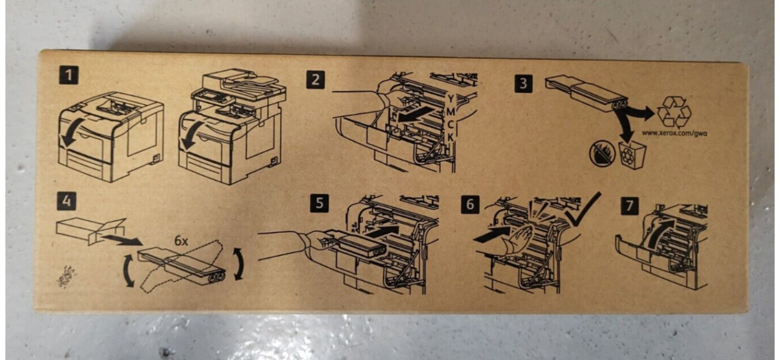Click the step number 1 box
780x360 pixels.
click(x=69, y=76)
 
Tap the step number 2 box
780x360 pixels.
click(x=316, y=80)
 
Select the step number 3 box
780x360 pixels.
click(x=523, y=84)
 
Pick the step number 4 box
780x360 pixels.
click(x=66, y=201)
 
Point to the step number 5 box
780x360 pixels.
click(x=319, y=203)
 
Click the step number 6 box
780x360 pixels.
click(x=470, y=205)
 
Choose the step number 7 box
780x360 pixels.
click(x=630, y=206)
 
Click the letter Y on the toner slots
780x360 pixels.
click(x=451, y=98)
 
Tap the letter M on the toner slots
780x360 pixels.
click(x=450, y=112)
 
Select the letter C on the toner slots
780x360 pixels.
click(x=450, y=125)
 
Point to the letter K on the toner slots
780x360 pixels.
click(x=450, y=137)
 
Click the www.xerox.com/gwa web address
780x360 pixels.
click(x=674, y=133)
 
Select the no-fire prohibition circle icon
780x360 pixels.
click(x=601, y=155)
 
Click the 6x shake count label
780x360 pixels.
click(x=181, y=241)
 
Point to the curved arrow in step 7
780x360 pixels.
click(x=657, y=234)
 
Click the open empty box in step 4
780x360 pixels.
click(x=91, y=230)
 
